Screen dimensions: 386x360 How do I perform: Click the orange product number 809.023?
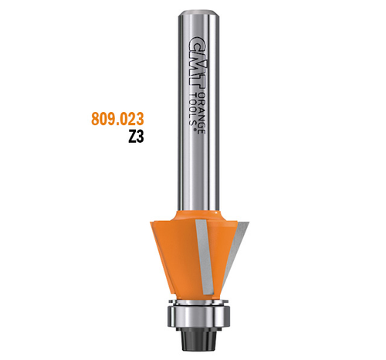click(x=117, y=119)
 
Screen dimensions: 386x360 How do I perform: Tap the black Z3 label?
click(x=136, y=137)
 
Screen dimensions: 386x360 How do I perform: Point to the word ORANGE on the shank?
click(x=202, y=113)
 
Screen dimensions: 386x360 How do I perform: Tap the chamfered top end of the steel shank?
click(x=198, y=13)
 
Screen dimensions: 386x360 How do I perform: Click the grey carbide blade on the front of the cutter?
click(x=205, y=257)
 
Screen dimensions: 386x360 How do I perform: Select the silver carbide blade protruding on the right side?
click(x=235, y=253)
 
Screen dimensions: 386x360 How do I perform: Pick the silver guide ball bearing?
click(x=198, y=316)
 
